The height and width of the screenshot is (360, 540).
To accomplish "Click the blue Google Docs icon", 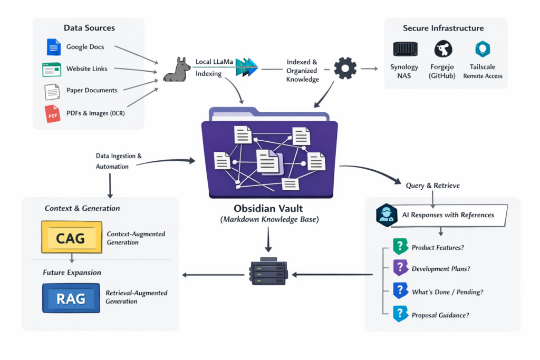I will (53, 47).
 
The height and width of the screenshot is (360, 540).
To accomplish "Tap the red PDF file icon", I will (53, 113).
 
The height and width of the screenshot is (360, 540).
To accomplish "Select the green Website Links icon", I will (52, 69).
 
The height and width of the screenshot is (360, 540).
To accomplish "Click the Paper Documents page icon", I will (52, 91).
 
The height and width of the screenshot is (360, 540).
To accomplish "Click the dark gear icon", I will (345, 69).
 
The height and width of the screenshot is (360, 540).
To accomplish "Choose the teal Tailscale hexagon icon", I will (482, 49).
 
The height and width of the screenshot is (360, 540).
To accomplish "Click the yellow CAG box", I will (71, 238).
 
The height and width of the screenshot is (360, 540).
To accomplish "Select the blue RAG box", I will (71, 298).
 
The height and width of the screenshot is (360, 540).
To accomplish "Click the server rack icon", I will (268, 271).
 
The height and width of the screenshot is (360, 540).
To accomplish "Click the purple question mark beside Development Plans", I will (400, 268).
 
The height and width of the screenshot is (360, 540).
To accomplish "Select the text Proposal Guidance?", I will (440, 315).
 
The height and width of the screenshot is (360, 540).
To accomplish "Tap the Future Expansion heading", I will (72, 273).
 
